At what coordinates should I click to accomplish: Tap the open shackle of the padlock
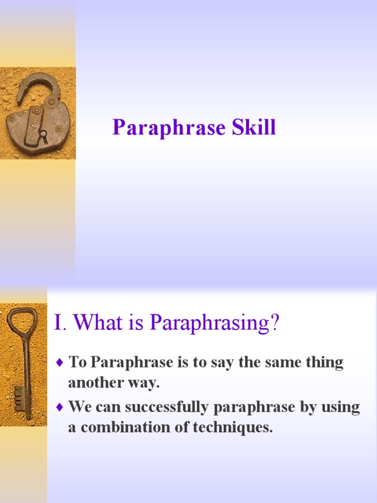37,86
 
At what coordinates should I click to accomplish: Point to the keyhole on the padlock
43,135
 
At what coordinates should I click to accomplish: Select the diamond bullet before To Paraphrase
60,363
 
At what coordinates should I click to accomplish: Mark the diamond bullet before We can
60,407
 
